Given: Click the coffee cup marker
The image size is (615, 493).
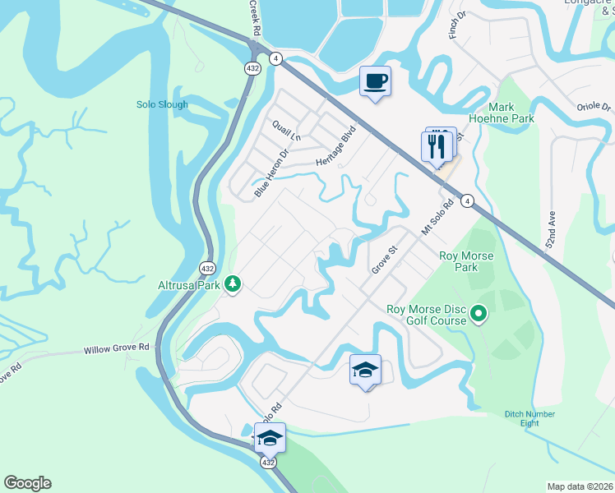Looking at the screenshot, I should [375, 81].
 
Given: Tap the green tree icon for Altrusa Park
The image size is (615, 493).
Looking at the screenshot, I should [234, 283].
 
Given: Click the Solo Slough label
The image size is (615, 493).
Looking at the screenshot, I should [162, 104].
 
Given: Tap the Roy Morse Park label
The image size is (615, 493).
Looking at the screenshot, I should [466, 261].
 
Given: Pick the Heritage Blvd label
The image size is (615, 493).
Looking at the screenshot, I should [338, 147].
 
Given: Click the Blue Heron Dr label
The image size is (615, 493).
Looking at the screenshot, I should [272, 170].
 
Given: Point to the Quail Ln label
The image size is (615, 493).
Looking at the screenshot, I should [287, 129].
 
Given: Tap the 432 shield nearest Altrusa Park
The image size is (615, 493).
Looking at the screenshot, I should [207, 268].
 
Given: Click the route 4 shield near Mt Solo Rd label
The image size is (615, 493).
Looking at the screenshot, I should [466, 200].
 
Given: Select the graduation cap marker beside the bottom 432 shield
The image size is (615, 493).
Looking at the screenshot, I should [270, 438].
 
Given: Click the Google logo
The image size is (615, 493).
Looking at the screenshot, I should [27, 483].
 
